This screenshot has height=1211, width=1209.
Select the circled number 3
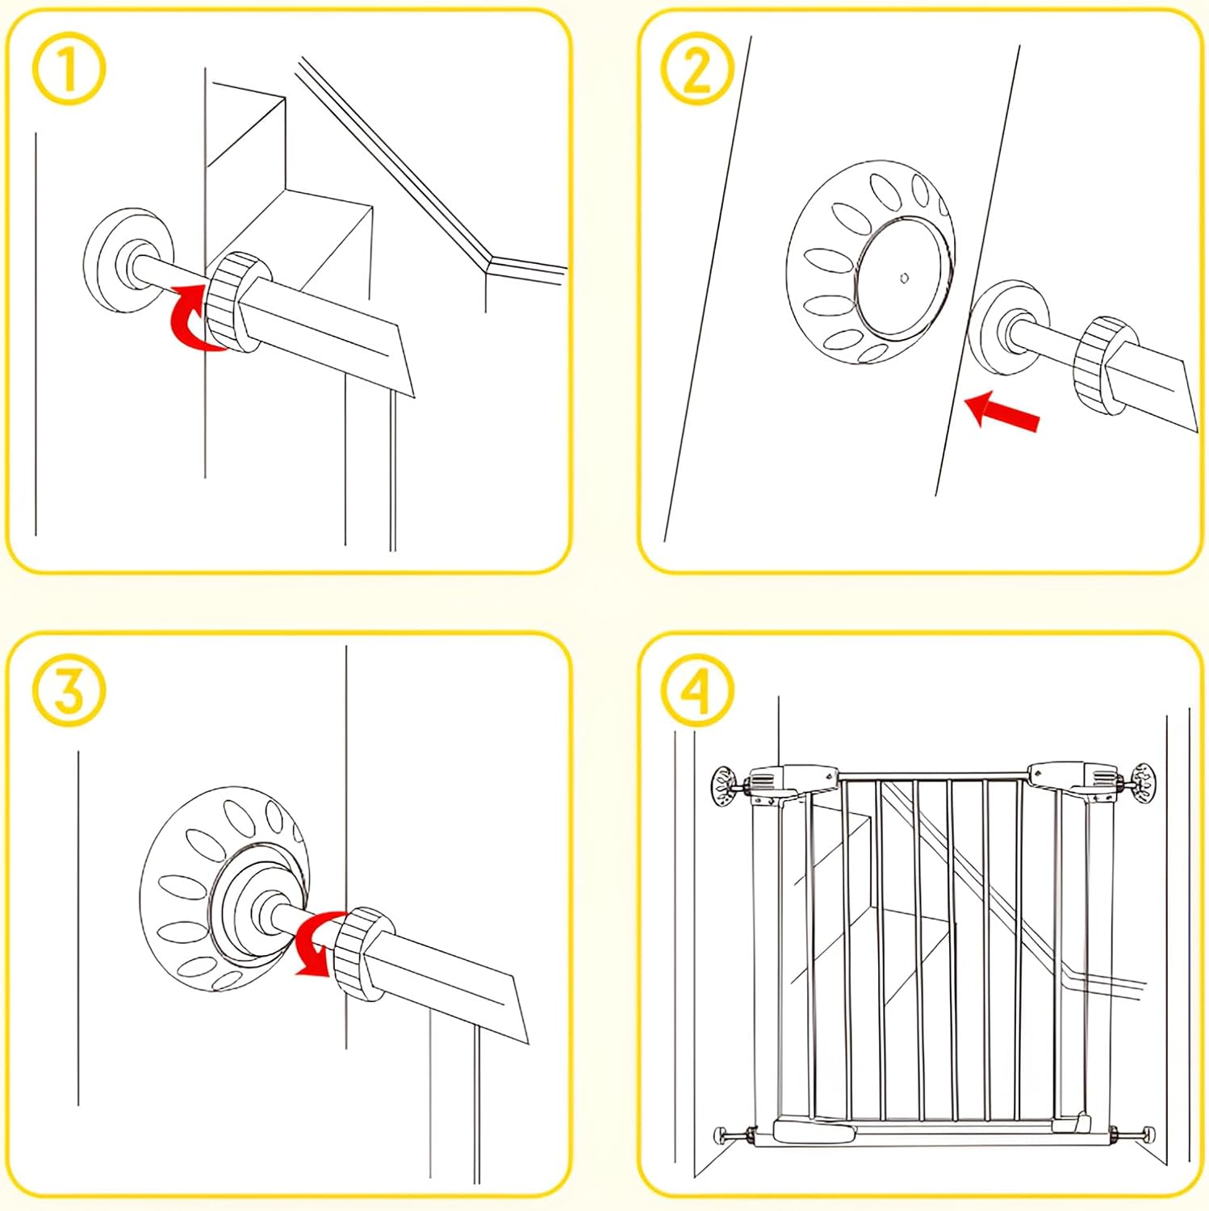click(x=69, y=690)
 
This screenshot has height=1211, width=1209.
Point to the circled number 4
click(x=697, y=690)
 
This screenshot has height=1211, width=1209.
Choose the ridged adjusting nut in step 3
click(x=362, y=953)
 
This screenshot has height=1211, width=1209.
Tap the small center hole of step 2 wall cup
click(x=905, y=278)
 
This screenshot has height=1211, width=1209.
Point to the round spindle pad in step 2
click(x=1009, y=328)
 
